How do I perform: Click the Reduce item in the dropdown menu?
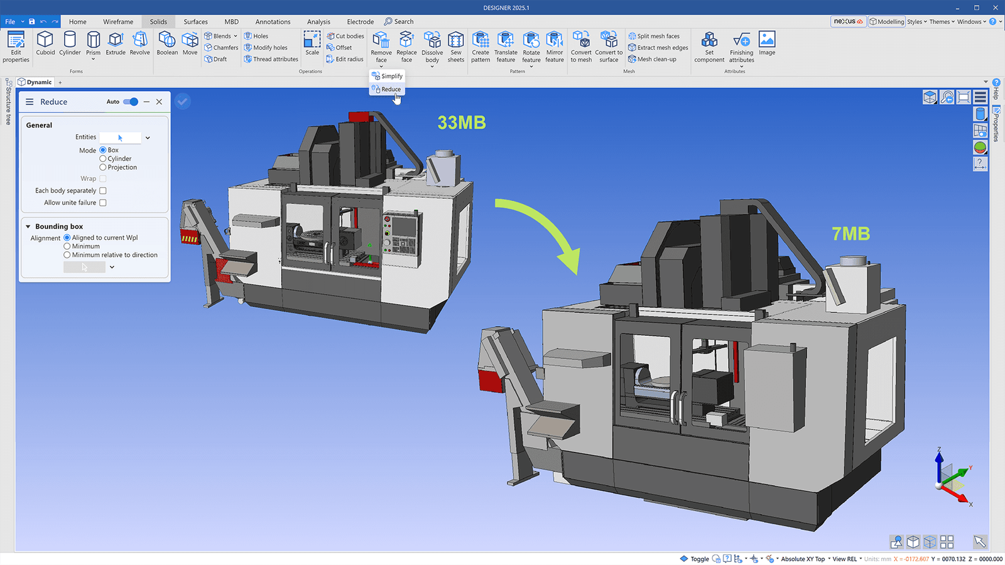(x=390, y=89)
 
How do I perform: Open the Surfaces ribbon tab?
(x=195, y=21)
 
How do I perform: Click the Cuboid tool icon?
(x=45, y=43)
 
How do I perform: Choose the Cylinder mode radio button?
(x=103, y=159)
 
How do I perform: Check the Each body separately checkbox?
(x=103, y=191)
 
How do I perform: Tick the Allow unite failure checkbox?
(x=103, y=203)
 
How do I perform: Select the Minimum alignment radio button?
(x=67, y=246)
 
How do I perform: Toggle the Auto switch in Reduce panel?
(x=131, y=102)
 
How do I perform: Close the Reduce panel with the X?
(x=160, y=102)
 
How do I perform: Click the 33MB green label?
(x=462, y=122)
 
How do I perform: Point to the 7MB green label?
(x=850, y=234)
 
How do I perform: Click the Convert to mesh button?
(x=581, y=46)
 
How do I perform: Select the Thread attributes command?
(x=275, y=59)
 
